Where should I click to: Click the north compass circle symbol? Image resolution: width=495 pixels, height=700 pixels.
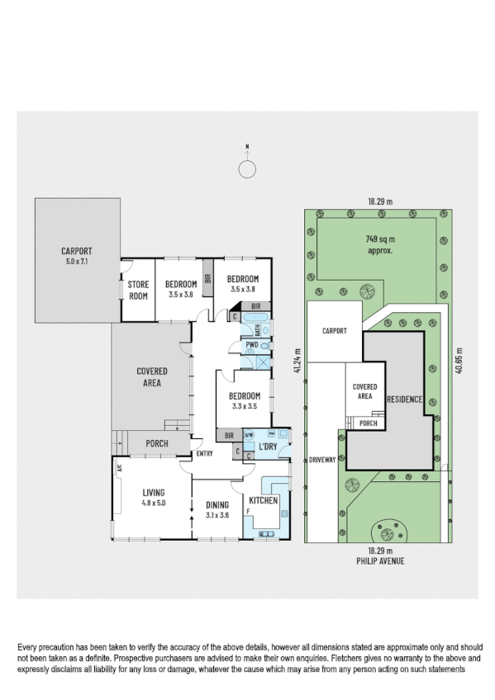pos(246,169)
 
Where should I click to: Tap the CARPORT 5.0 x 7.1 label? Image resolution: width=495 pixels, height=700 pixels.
pos(76,256)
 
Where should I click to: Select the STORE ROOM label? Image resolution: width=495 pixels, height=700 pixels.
pos(137,290)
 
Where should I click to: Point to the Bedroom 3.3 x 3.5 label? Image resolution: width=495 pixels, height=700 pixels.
pos(244,400)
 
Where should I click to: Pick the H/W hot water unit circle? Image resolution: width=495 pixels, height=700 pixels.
pos(250,435)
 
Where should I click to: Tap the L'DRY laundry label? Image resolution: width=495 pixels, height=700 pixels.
pos(268,447)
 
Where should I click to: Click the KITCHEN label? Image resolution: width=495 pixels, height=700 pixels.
pos(264,500)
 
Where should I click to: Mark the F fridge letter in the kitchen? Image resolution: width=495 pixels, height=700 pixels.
pos(248,512)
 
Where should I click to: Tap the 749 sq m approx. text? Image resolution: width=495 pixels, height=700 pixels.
pos(378,243)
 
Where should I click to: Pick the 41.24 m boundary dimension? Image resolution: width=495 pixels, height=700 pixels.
pos(297,364)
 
